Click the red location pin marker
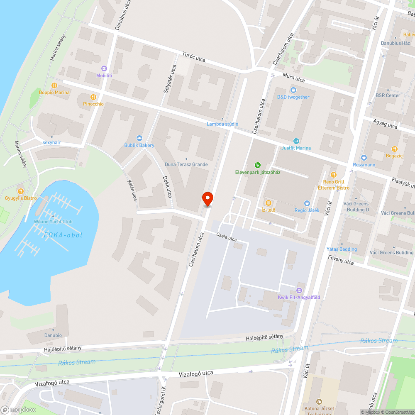(207, 199)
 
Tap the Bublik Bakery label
(139, 145)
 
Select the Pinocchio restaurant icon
(93, 97)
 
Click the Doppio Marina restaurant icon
(54, 85)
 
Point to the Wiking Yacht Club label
(53, 221)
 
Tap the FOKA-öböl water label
(63, 235)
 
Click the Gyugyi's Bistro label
(21, 198)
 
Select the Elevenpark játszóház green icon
(258, 165)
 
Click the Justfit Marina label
(296, 148)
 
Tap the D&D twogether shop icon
(293, 90)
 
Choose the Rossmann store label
(364, 164)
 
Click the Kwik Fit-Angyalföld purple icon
(299, 290)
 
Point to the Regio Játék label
(307, 210)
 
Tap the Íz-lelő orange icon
(268, 203)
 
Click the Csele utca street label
(227, 237)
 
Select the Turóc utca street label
(194, 58)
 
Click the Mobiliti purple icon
(104, 68)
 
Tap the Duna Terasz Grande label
(186, 164)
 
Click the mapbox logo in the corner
(18, 410)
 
